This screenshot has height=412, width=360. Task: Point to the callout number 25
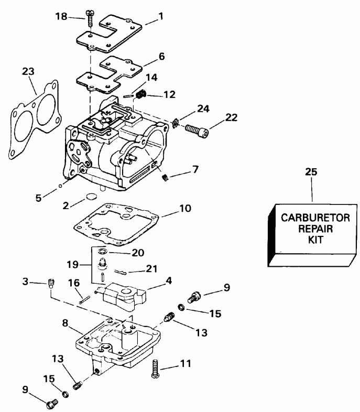(x=311, y=171)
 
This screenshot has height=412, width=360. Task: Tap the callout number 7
(x=195, y=169)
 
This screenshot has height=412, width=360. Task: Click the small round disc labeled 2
(x=91, y=198)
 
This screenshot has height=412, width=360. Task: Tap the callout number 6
(x=162, y=55)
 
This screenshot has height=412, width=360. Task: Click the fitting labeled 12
(x=141, y=95)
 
